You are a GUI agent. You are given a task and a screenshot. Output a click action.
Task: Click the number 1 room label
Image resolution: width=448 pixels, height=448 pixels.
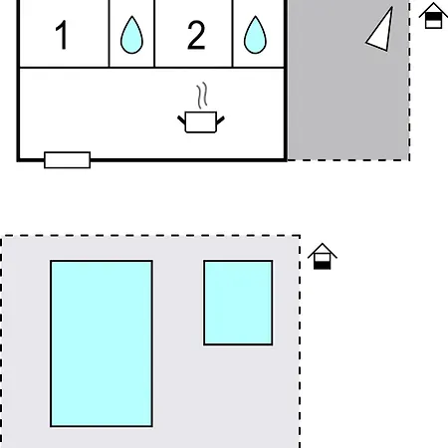tap(63, 35)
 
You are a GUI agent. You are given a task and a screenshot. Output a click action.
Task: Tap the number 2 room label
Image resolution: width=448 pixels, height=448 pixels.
tap(196, 35)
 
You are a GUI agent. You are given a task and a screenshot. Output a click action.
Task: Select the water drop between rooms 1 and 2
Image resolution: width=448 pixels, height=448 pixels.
tap(131, 35)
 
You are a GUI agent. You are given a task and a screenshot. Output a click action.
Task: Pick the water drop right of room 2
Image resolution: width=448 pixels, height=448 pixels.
tap(255, 35)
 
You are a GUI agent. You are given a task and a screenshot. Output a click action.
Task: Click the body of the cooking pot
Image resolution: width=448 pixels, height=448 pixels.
tap(201, 122)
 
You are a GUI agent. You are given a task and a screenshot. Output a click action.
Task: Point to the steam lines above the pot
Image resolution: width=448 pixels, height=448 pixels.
tap(202, 96)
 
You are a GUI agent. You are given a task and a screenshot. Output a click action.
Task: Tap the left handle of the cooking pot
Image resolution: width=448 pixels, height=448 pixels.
tap(181, 120)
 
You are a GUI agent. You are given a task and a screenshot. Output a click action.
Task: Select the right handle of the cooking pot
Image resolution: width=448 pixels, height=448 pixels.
tap(220, 120)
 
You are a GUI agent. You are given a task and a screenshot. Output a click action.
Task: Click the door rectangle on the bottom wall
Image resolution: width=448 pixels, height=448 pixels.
tap(68, 160)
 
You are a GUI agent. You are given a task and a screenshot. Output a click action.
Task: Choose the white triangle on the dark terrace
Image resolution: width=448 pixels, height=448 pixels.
tap(381, 33)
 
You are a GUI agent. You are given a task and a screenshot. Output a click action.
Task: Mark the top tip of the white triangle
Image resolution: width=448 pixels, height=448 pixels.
tap(392, 7)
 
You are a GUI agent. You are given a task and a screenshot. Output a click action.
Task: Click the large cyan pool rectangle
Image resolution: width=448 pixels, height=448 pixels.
tap(102, 343)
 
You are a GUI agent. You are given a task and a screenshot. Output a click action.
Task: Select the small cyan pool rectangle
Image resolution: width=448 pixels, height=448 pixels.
tap(238, 303)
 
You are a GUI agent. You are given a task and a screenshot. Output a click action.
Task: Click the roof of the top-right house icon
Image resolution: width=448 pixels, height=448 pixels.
tap(433, 9)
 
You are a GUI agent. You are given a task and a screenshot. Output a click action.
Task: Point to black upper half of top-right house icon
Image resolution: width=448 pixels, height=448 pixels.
tap(433, 17)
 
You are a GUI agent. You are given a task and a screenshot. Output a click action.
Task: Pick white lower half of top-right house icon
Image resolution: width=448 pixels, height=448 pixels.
tap(433, 24)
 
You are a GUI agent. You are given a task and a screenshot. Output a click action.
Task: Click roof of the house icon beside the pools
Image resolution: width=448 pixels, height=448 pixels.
tap(323, 250)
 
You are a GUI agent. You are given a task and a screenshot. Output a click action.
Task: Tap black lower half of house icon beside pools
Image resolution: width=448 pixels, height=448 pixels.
tap(323, 265)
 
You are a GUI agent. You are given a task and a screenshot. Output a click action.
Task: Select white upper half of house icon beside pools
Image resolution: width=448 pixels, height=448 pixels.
tap(323, 258)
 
